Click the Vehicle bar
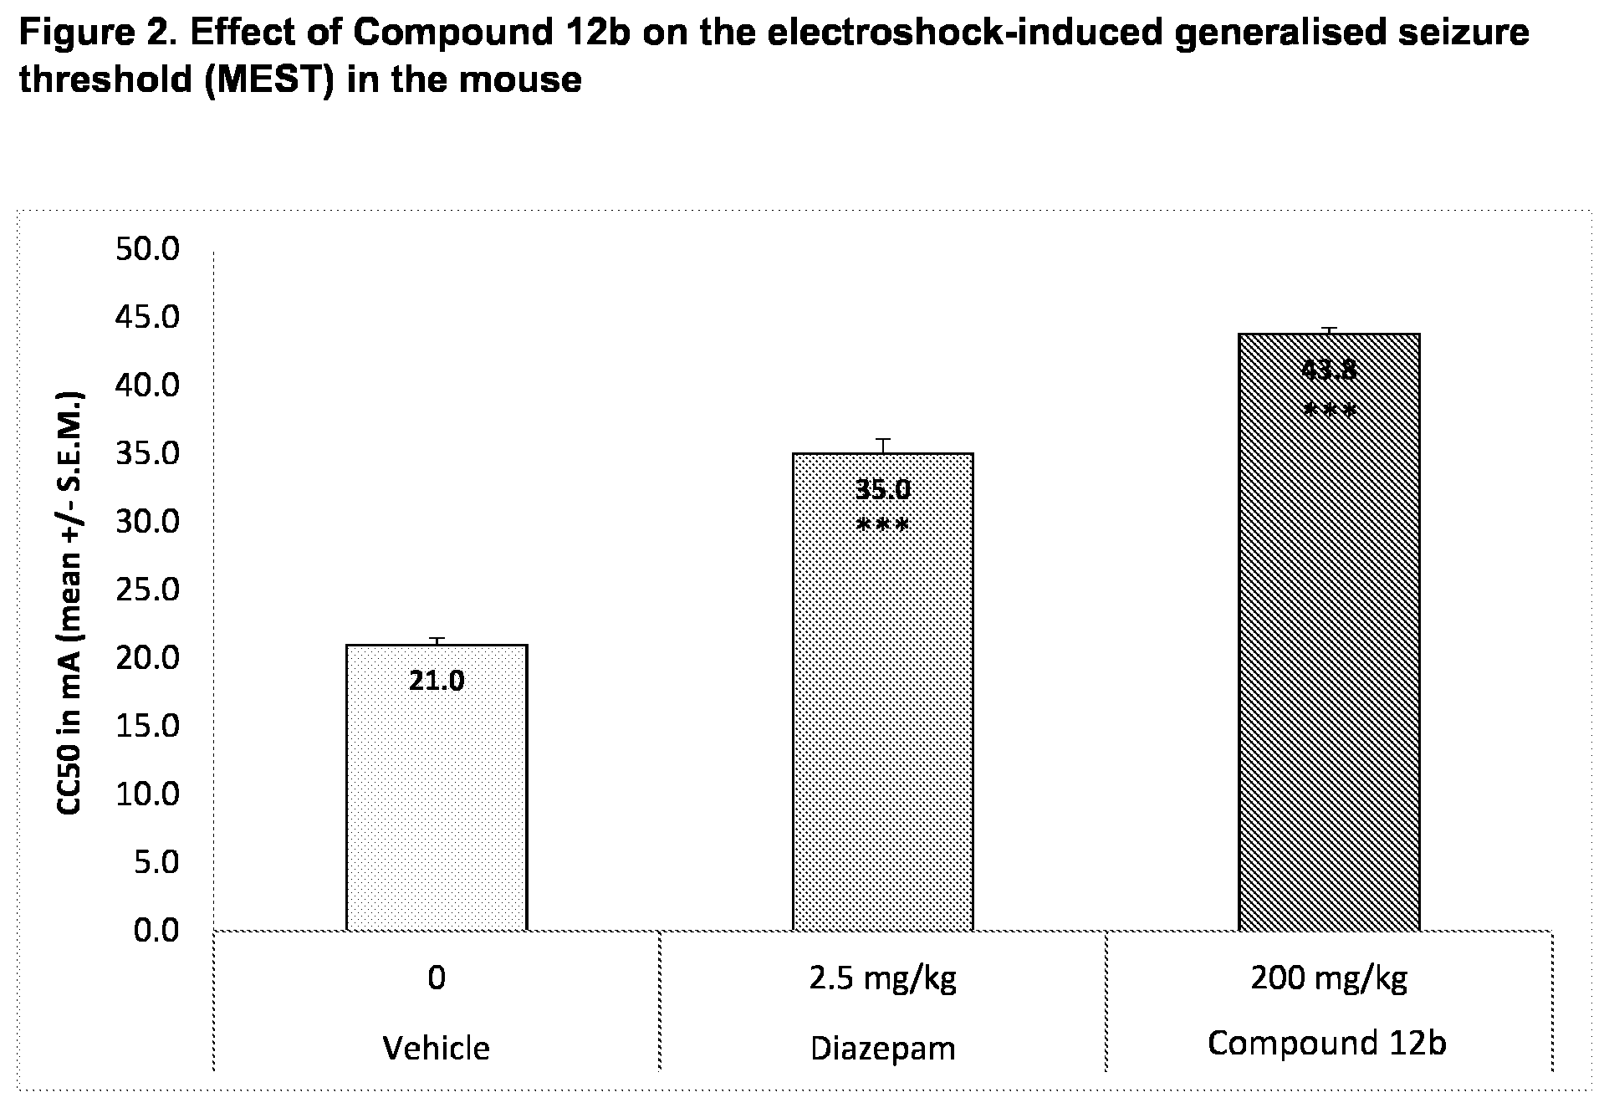[436, 787]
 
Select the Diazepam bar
[882, 692]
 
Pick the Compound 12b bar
[1329, 631]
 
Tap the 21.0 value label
[436, 682]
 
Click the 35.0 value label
[882, 489]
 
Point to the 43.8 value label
[1329, 370]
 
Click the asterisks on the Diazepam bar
[882, 527]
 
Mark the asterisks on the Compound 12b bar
[1329, 411]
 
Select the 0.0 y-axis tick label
[156, 930]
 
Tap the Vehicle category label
[436, 1048]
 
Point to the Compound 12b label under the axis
[1327, 1043]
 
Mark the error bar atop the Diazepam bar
[882, 446]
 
